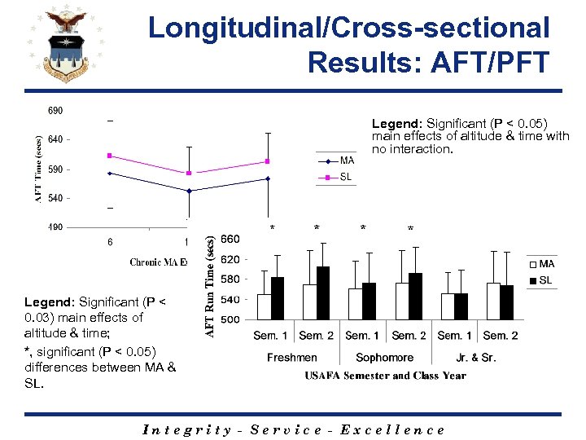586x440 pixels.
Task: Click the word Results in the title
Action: click(357, 61)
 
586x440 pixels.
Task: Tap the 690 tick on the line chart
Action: click(55, 111)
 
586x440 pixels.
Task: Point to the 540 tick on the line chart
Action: click(55, 198)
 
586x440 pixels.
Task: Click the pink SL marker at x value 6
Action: click(109, 156)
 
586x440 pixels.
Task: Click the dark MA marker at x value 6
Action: click(109, 173)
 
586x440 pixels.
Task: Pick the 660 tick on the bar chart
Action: click(231, 239)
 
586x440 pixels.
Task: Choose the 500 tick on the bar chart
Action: click(231, 319)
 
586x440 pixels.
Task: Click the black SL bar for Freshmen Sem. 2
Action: click(323, 293)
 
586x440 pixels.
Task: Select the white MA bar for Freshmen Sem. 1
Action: click(264, 306)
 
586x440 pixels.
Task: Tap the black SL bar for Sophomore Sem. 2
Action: click(415, 296)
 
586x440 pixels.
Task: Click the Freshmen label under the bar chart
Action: click(292, 358)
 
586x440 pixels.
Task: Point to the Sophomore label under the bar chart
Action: click(384, 358)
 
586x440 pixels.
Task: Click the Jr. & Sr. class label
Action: click(477, 358)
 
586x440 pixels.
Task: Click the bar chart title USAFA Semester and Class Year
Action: click(386, 376)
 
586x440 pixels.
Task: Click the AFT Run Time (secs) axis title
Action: click(210, 285)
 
